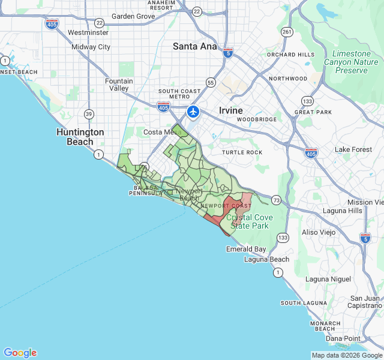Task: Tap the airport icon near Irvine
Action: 193,112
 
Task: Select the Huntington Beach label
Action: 80,137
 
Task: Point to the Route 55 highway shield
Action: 210,82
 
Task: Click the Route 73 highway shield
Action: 275,199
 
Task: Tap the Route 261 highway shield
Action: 287,32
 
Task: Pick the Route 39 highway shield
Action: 89,114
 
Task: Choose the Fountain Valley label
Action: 119,85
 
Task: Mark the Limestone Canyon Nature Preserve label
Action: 351,62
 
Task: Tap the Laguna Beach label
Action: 266,259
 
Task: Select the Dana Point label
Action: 343,338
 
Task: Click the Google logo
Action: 20,353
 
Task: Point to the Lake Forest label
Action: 353,149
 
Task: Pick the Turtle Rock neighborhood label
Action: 242,152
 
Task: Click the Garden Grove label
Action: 133,16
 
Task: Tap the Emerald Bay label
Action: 246,249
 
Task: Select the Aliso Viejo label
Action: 318,232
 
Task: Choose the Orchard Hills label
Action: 291,55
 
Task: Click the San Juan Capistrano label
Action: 365,302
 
